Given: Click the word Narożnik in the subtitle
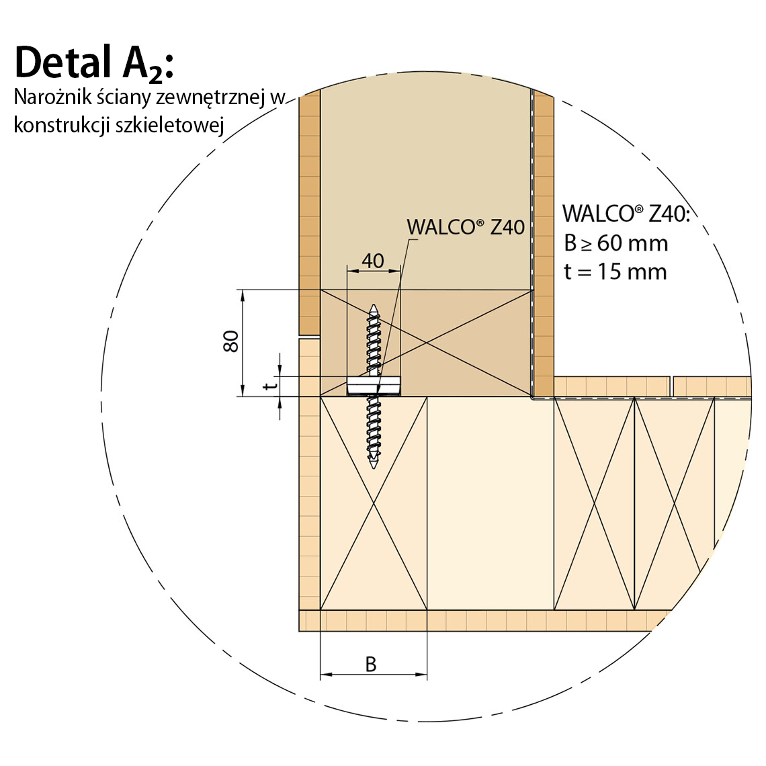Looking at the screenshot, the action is (x=53, y=97).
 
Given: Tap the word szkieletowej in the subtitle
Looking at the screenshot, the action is (x=170, y=125).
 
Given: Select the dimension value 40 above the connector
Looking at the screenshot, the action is (x=373, y=261).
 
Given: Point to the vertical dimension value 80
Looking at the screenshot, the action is (x=230, y=341).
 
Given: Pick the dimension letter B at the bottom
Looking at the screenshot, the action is (x=372, y=665).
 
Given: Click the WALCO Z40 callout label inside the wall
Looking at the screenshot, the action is (x=466, y=227).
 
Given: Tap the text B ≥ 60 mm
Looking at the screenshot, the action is (x=615, y=243).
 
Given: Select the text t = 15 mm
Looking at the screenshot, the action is (x=615, y=271).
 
